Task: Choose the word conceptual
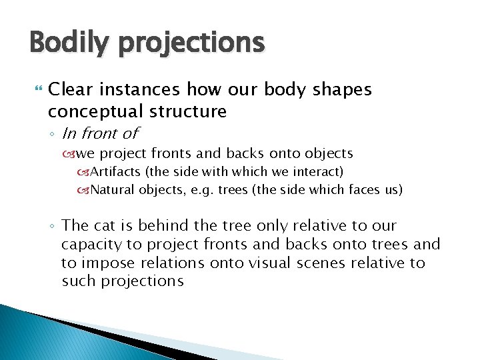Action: [x=93, y=110]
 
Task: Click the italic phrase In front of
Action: [x=100, y=133]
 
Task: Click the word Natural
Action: [x=113, y=190]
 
